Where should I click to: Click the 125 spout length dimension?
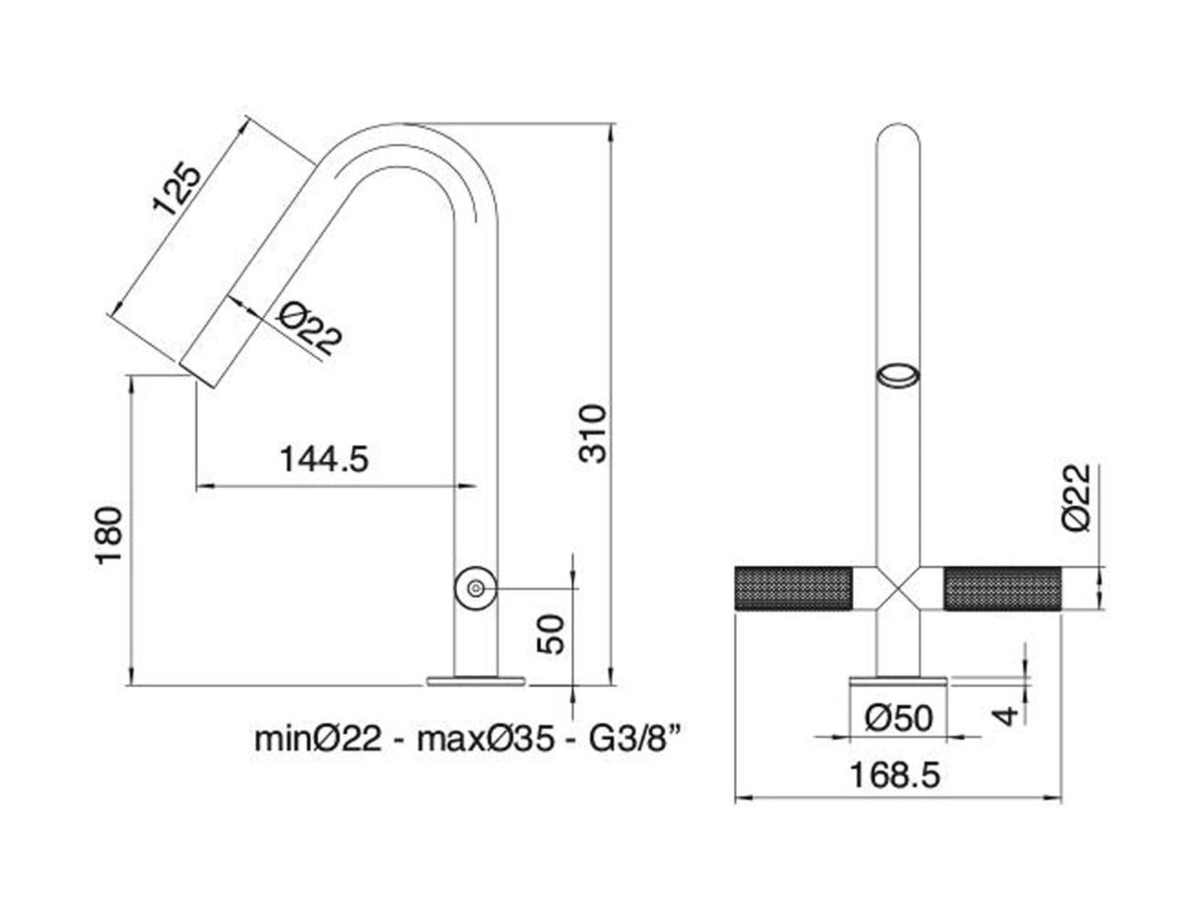(176, 190)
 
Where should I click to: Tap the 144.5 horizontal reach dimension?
(324, 459)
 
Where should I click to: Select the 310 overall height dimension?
(594, 434)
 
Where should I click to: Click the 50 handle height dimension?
(552, 634)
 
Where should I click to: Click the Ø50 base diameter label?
(899, 718)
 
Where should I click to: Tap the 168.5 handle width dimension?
(895, 775)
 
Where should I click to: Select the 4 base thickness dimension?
(1006, 715)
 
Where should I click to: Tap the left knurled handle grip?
(793, 589)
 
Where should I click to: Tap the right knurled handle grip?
(1003, 589)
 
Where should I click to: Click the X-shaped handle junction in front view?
(898, 589)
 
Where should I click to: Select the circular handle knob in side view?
(476, 589)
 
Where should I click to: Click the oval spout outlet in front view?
(898, 376)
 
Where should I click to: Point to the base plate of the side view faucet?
(476, 680)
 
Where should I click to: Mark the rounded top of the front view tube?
(898, 134)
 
